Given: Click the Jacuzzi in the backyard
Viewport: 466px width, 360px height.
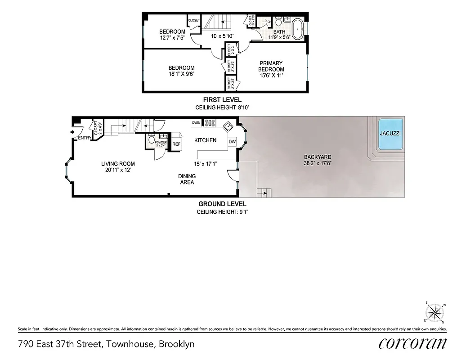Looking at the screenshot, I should point(390,134).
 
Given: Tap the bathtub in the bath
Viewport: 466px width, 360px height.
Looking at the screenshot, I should point(298,28).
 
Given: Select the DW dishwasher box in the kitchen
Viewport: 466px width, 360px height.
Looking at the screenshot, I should point(232,141).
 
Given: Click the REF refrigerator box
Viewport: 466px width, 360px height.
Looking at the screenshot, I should point(176,144).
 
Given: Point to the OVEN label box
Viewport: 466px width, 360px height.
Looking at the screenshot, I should point(196,122).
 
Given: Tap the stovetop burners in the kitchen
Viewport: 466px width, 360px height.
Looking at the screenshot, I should point(210,122).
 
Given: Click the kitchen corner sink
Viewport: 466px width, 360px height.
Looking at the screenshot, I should point(228,125).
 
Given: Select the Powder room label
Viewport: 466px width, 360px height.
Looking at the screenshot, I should point(161,144).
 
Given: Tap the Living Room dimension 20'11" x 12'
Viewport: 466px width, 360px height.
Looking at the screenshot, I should point(118,170).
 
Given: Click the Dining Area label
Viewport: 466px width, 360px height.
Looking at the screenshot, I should point(187,179).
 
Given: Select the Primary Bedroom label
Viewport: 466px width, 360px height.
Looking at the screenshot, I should point(271,66).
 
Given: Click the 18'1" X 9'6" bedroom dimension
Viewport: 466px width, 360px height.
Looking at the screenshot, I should point(181,74).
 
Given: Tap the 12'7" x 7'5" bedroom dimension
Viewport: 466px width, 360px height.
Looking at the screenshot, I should point(172,38).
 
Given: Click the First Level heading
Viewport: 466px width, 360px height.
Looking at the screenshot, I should point(222,100).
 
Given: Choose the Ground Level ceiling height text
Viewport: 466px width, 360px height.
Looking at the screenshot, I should point(222,212).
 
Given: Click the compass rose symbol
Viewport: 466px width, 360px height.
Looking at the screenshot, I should point(435,312).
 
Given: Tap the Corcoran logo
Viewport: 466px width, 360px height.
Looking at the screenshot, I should point(412,344).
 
